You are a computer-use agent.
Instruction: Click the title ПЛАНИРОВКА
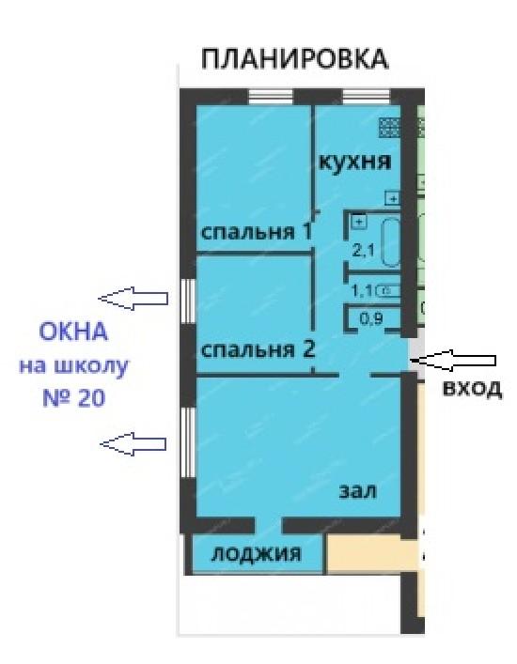click(x=294, y=59)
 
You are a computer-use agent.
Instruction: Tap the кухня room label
click(x=354, y=162)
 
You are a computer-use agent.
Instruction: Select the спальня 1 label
click(x=257, y=232)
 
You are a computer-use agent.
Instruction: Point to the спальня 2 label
click(x=258, y=350)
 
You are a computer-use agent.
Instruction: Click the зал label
click(x=357, y=491)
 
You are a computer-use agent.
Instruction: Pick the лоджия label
click(x=257, y=553)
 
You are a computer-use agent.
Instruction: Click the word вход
click(x=473, y=388)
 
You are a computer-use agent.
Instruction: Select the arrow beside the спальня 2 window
click(x=133, y=299)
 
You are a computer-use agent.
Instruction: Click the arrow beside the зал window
click(x=133, y=444)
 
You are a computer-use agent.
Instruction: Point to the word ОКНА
click(x=73, y=332)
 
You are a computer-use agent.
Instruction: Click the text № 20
click(x=73, y=398)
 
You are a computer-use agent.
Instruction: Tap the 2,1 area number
click(x=364, y=250)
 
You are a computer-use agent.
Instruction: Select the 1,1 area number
click(x=362, y=291)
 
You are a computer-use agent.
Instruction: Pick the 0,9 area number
click(x=371, y=318)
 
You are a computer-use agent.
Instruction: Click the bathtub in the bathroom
click(x=391, y=242)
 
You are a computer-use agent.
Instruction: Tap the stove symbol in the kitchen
click(x=389, y=128)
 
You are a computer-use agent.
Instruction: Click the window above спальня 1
click(x=271, y=97)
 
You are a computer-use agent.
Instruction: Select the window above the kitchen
click(x=367, y=97)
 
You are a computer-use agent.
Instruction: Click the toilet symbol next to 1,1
click(x=387, y=291)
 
